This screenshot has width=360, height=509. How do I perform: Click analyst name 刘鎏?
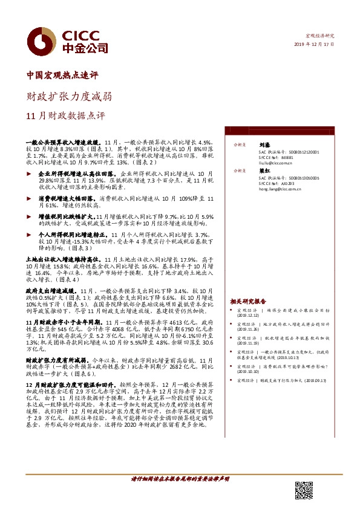pyautogui.click(x=263, y=146)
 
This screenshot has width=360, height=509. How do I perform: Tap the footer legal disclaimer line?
pyautogui.click(x=180, y=479)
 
